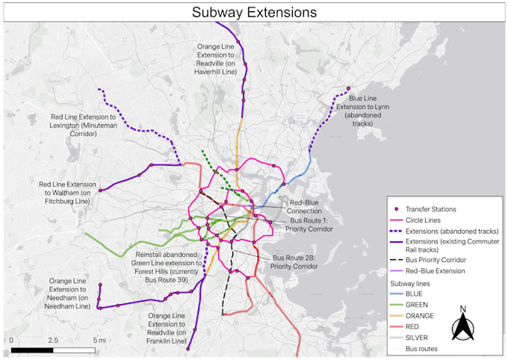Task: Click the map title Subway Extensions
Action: tap(254, 12)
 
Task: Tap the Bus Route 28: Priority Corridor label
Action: tap(295, 261)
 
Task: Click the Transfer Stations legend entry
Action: tap(430, 209)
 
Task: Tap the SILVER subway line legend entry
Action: tap(418, 338)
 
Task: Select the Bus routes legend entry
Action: tap(421, 348)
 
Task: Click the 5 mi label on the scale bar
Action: tap(99, 340)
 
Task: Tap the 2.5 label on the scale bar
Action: tap(53, 340)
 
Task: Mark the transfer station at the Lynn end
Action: tap(349, 89)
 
